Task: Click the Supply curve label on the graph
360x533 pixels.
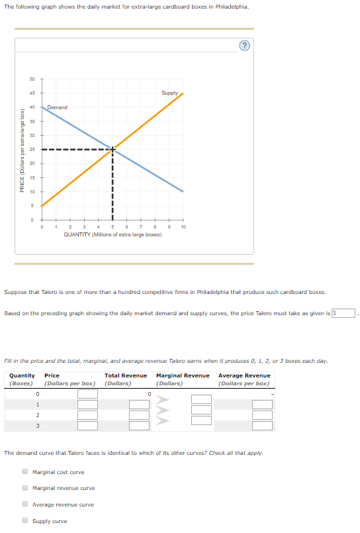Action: coord(169,93)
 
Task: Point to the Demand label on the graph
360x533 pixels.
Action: coord(57,107)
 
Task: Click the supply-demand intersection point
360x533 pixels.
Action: coord(112,149)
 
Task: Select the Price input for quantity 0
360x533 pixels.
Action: coord(87,394)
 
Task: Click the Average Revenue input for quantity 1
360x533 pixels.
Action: coord(262,405)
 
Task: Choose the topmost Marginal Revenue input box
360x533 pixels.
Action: coord(202,399)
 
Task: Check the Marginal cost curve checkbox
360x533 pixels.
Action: coord(24,472)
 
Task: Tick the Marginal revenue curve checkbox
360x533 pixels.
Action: coord(24,489)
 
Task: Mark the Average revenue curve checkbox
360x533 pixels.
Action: coord(24,505)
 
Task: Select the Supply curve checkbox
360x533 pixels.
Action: coord(24,521)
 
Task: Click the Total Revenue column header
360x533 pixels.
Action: coord(126,375)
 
